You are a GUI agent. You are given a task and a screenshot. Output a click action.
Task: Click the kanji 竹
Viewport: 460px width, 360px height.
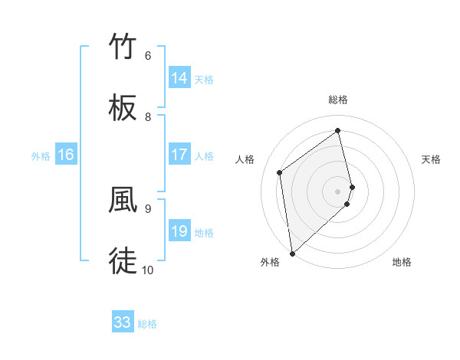coord(123,47)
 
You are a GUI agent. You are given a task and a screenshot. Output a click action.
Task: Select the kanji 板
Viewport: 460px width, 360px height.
coord(123,108)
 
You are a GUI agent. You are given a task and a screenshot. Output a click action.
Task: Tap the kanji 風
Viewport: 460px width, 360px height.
coord(123,199)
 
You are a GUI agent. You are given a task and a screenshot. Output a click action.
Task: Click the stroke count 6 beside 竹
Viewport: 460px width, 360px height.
coord(148,56)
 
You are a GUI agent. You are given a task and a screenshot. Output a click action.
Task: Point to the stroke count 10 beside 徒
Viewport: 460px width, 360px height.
coord(148,270)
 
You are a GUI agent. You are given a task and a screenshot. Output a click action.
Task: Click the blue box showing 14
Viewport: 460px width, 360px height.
coord(179,78)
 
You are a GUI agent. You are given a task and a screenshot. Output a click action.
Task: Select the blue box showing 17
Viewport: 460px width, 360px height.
coord(179,155)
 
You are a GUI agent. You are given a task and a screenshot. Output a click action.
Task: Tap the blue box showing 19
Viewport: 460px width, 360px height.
coord(179,231)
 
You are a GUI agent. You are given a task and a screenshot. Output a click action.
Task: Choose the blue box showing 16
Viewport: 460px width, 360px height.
coord(66,155)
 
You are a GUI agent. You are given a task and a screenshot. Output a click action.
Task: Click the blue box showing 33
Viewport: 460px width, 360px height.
coord(123,322)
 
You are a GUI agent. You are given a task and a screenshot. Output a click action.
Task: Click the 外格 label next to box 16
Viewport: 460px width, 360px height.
coord(41,156)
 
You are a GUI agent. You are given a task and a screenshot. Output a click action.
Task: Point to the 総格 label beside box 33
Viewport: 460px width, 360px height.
coord(147,324)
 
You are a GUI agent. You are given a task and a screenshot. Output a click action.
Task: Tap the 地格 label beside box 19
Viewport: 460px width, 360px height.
coord(204,233)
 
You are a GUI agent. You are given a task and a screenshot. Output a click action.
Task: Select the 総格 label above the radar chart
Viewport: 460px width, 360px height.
coord(337,100)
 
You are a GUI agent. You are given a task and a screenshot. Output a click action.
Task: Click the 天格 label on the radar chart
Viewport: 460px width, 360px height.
coord(432,159)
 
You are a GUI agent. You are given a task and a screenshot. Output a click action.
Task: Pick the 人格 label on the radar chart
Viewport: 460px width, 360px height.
coord(245,159)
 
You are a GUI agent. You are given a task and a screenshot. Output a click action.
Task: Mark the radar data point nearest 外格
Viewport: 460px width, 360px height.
coord(291,253)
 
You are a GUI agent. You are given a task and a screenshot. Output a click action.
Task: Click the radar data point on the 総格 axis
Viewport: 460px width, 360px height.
coord(337,130)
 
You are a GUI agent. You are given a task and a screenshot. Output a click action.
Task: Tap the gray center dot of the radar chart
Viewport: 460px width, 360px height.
coord(337,191)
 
